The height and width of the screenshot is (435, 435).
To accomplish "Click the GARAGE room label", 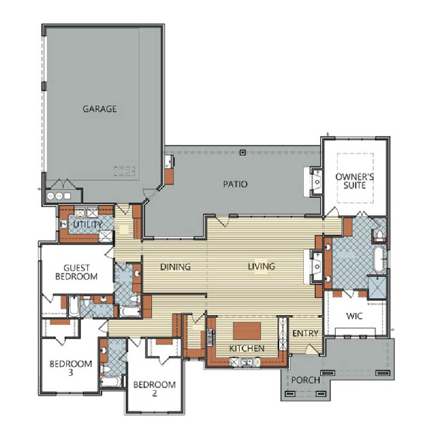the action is pyautogui.click(x=99, y=109).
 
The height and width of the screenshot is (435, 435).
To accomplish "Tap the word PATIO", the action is pyautogui.click(x=235, y=184).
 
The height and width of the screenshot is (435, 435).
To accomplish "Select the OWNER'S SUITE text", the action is pyautogui.click(x=354, y=181).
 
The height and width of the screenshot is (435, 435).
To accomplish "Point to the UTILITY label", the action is pyautogui.click(x=88, y=224).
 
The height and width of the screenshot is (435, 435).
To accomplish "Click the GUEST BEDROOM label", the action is pyautogui.click(x=76, y=272).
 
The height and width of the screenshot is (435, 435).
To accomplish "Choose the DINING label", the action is pyautogui.click(x=175, y=267).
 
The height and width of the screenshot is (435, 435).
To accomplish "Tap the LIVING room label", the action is pyautogui.click(x=261, y=267).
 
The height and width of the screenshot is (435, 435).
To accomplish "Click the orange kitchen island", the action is pyautogui.click(x=247, y=331).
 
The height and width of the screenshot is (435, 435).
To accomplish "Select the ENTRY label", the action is pyautogui.click(x=305, y=333).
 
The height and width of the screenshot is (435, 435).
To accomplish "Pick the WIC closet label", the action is pyautogui.click(x=354, y=316).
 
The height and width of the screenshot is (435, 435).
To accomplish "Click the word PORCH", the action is pyautogui.click(x=306, y=380).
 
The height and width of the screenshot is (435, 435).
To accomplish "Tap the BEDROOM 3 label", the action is pyautogui.click(x=71, y=368).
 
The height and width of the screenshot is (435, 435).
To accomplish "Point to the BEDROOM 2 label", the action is pyautogui.click(x=154, y=389).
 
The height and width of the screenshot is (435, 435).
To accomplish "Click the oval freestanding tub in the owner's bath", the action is pyautogui.click(x=379, y=259).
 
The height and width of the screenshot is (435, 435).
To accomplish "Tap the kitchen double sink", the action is pyautogui.click(x=247, y=362).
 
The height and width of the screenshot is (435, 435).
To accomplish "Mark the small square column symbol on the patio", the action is pyautogui.click(x=243, y=152).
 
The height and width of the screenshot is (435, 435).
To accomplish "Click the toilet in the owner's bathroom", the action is pyautogui.click(x=380, y=235).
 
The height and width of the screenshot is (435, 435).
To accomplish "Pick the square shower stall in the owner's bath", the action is pyautogui.click(x=377, y=287).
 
